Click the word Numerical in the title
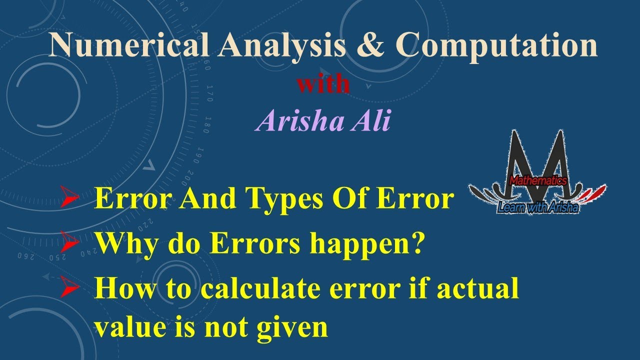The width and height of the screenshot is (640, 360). coord(129,46)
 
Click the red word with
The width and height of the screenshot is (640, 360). coord(322,84)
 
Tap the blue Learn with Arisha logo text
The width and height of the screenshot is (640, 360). coord(537,206)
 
